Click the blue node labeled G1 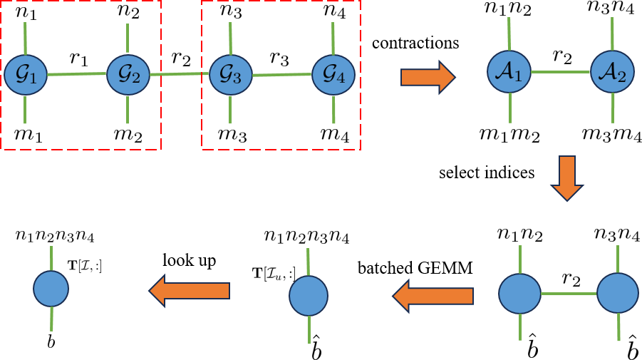(x=26, y=75)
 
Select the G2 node (x=128, y=75)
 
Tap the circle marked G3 (x=230, y=75)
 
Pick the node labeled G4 (x=333, y=75)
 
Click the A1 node (x=509, y=71)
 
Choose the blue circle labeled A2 (x=612, y=71)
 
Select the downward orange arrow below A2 (x=567, y=178)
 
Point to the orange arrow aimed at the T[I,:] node (x=190, y=290)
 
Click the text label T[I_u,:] (x=268, y=274)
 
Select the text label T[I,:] (x=84, y=266)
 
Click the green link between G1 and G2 (x=77, y=74)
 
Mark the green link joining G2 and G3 (x=179, y=73)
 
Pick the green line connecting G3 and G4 (x=281, y=74)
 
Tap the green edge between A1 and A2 (x=561, y=71)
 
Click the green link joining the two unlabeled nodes (x=569, y=293)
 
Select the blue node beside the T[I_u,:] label (x=309, y=296)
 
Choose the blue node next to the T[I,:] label (x=51, y=289)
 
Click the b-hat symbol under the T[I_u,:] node (x=316, y=350)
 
